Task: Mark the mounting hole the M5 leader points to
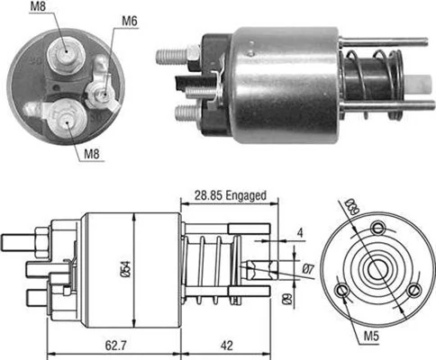[x=343, y=290]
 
